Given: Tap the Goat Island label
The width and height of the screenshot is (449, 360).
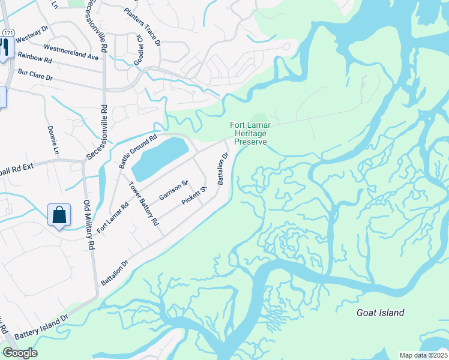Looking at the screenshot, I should [380, 313].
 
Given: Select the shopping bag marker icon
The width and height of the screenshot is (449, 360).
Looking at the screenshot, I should [59, 215].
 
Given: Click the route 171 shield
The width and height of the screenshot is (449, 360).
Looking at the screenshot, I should [7, 32].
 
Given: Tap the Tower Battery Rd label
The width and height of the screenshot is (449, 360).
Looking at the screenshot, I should [145, 203].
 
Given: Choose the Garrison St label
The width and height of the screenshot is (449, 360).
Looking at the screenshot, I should [174, 190].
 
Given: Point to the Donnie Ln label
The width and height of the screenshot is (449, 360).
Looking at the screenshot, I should [53, 140].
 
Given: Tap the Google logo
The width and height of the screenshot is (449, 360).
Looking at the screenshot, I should [19, 353].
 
